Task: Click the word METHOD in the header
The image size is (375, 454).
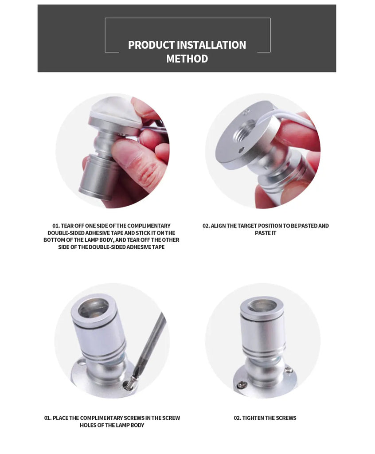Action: [187, 59]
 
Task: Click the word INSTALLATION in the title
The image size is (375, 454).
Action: [211, 45]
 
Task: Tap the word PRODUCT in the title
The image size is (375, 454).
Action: [151, 45]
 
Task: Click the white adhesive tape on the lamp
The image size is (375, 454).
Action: [114, 110]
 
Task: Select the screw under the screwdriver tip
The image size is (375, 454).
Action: [129, 383]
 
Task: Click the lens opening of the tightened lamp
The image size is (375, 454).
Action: [262, 306]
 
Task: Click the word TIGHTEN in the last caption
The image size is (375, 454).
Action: [253, 418]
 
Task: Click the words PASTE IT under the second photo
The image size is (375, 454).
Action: [266, 233]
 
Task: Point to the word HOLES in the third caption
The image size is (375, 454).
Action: [88, 425]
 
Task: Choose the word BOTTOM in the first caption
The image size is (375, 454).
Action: [53, 240]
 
